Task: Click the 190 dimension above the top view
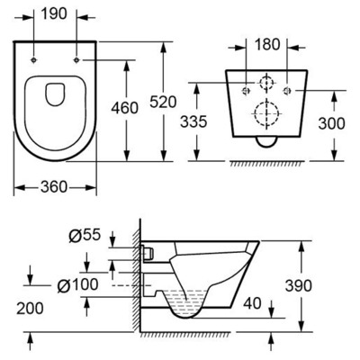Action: point(56,15)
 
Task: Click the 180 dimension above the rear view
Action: point(267,42)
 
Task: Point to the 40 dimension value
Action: point(252,302)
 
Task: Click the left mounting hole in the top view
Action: point(33,59)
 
